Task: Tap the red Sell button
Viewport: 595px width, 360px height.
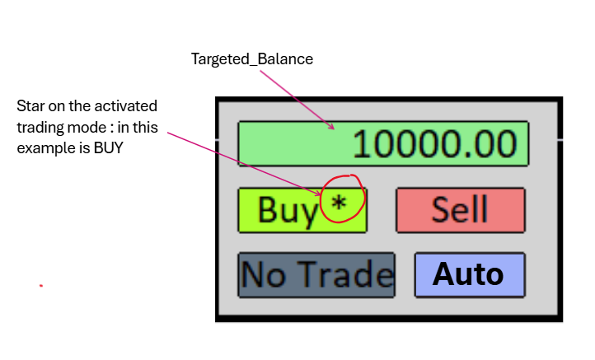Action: (x=460, y=209)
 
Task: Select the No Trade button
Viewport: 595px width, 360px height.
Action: (x=316, y=274)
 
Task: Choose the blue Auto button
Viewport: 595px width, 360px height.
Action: (x=469, y=274)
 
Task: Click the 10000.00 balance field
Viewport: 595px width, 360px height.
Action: (x=382, y=144)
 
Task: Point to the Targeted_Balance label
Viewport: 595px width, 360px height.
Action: (x=252, y=59)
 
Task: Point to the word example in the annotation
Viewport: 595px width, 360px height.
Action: (x=43, y=149)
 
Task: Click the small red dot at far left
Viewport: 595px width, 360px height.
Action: (x=40, y=285)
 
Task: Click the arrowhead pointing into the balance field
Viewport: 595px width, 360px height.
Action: (x=331, y=128)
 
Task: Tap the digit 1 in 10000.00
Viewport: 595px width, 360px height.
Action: (x=363, y=145)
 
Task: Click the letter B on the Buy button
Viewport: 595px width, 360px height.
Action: (x=268, y=210)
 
